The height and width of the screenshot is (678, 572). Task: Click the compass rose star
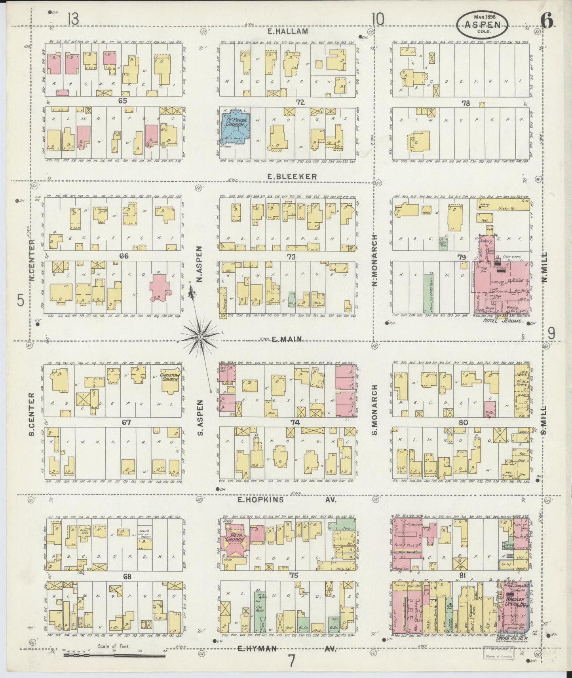(x=200, y=337)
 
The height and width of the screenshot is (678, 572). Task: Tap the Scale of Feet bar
(x=115, y=655)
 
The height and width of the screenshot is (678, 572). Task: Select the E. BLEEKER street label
(x=292, y=177)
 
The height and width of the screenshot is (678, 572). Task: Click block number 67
(x=126, y=422)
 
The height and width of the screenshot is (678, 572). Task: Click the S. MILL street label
(x=544, y=419)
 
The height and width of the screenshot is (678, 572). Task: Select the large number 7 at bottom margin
(x=292, y=661)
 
